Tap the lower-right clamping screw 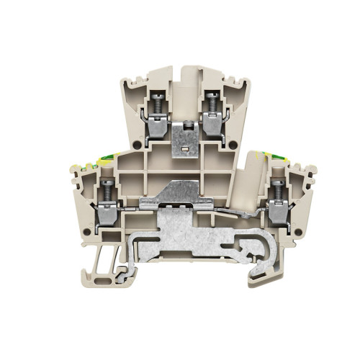coord(276,189)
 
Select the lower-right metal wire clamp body coord(276,210)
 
